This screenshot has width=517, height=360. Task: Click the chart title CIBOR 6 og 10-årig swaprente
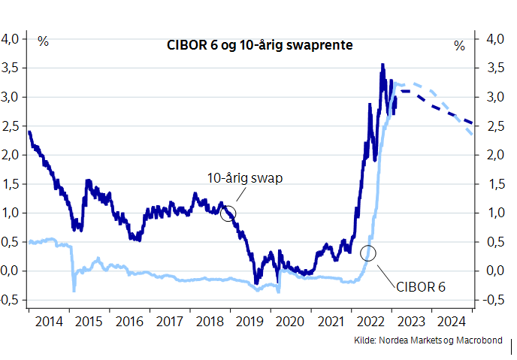(x=260, y=45)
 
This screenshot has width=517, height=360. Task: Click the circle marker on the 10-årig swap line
(x=228, y=213)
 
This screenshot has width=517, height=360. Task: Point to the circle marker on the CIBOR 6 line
(x=368, y=253)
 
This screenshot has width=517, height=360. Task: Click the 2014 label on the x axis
(x=49, y=322)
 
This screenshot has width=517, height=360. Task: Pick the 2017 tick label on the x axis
(x=170, y=322)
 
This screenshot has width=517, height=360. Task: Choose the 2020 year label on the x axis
(x=291, y=322)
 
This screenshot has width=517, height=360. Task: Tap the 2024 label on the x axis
(x=452, y=322)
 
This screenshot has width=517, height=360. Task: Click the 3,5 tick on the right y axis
(x=493, y=68)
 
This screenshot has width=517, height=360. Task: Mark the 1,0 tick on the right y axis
(x=493, y=213)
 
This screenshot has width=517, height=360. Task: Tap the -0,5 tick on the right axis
(x=491, y=300)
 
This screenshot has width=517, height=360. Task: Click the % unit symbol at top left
(x=43, y=42)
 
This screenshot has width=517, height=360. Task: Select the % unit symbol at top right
(x=459, y=46)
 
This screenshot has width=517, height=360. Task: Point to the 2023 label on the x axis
(x=412, y=322)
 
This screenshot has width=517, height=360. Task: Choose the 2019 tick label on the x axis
(x=250, y=322)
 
